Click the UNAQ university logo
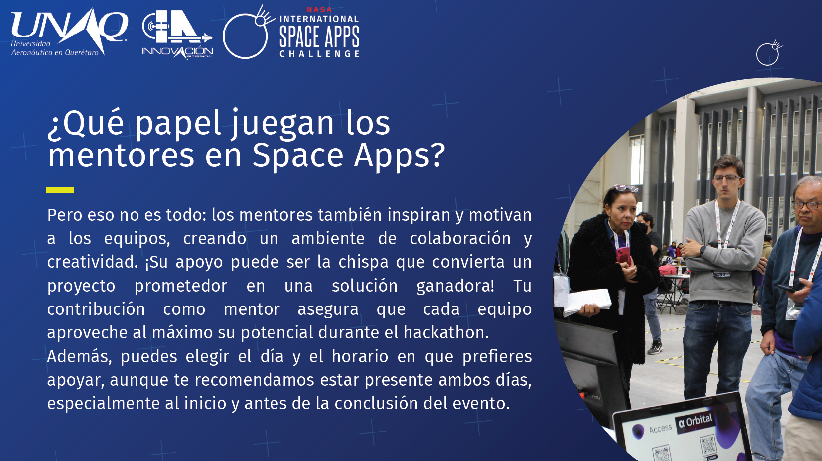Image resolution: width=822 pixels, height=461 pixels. click(x=69, y=33)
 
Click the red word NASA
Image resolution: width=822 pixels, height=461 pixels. click(x=319, y=10)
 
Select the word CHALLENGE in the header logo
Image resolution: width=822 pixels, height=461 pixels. click(x=319, y=54)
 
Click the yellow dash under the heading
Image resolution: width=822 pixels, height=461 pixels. click(x=60, y=190)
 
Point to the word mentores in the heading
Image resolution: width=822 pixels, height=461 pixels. click(x=121, y=155)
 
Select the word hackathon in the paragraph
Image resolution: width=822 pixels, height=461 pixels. click(x=445, y=332)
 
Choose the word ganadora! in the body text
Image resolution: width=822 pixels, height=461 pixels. click(x=455, y=286)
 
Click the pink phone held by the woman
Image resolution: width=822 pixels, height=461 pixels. click(x=623, y=255)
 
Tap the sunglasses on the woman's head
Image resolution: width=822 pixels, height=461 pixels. click(x=625, y=188)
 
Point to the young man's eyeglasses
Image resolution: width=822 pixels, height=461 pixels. click(x=726, y=179)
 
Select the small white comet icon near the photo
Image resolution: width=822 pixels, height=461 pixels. click(x=769, y=53)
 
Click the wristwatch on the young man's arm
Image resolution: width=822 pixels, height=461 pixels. click(x=703, y=251)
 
